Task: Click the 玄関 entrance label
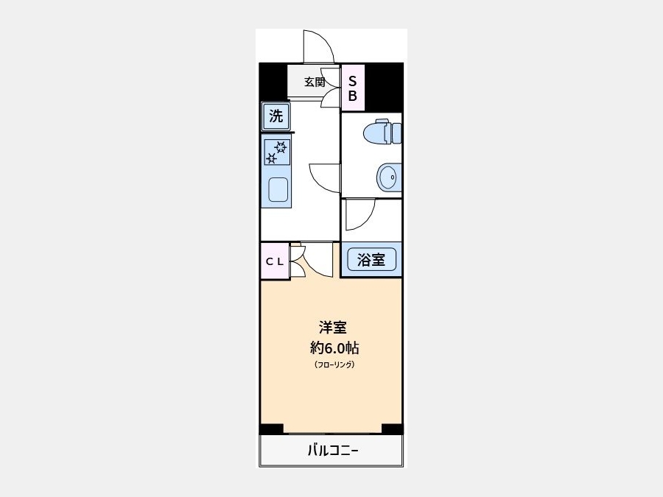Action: (x=315, y=82)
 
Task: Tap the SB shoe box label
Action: (x=353, y=88)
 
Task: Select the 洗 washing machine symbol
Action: (x=276, y=116)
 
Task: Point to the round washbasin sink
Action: (x=388, y=177)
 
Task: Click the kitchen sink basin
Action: (x=278, y=189)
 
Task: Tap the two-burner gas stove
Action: (x=277, y=152)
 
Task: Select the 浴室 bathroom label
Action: (x=371, y=259)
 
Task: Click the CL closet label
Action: (x=275, y=261)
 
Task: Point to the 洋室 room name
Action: (x=333, y=328)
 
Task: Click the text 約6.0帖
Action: (x=334, y=348)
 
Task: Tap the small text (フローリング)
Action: (x=334, y=364)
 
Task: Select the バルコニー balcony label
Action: (x=333, y=451)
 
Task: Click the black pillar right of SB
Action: (x=383, y=87)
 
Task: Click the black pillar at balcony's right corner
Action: (x=392, y=429)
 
